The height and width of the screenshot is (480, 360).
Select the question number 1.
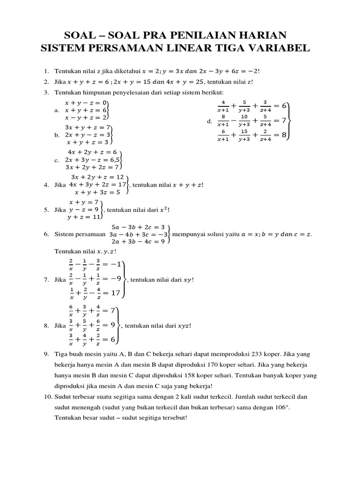46,71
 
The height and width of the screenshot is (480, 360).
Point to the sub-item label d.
209,121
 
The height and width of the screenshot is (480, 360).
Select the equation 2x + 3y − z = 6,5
92,160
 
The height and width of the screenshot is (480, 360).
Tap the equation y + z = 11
84,217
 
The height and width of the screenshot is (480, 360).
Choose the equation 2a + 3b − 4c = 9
138,241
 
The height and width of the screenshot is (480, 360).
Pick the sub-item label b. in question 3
57,135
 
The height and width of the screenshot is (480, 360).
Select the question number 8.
46,325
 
